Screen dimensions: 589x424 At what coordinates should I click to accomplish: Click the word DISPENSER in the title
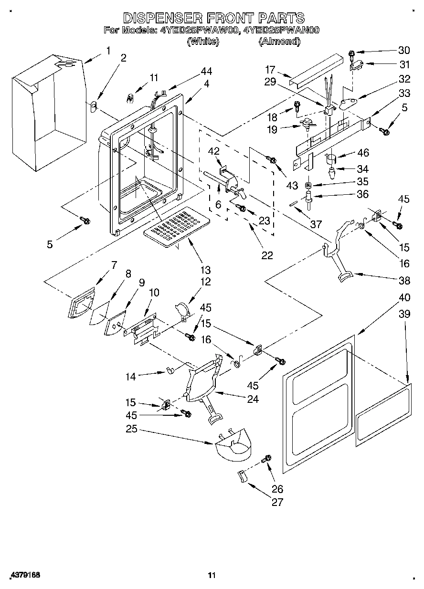click(160, 18)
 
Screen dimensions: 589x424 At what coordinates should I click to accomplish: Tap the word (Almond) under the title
click(279, 42)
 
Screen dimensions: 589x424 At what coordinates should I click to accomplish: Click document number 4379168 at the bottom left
click(23, 575)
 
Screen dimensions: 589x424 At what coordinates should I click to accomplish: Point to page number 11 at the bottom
click(212, 575)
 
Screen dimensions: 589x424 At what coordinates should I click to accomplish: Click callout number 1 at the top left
click(108, 50)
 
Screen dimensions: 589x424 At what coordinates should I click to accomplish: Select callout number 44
click(206, 71)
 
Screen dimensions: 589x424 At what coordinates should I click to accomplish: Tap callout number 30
click(404, 51)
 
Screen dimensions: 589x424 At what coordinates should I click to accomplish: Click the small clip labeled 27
click(242, 476)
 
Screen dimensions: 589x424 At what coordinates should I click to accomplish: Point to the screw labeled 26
click(266, 459)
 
